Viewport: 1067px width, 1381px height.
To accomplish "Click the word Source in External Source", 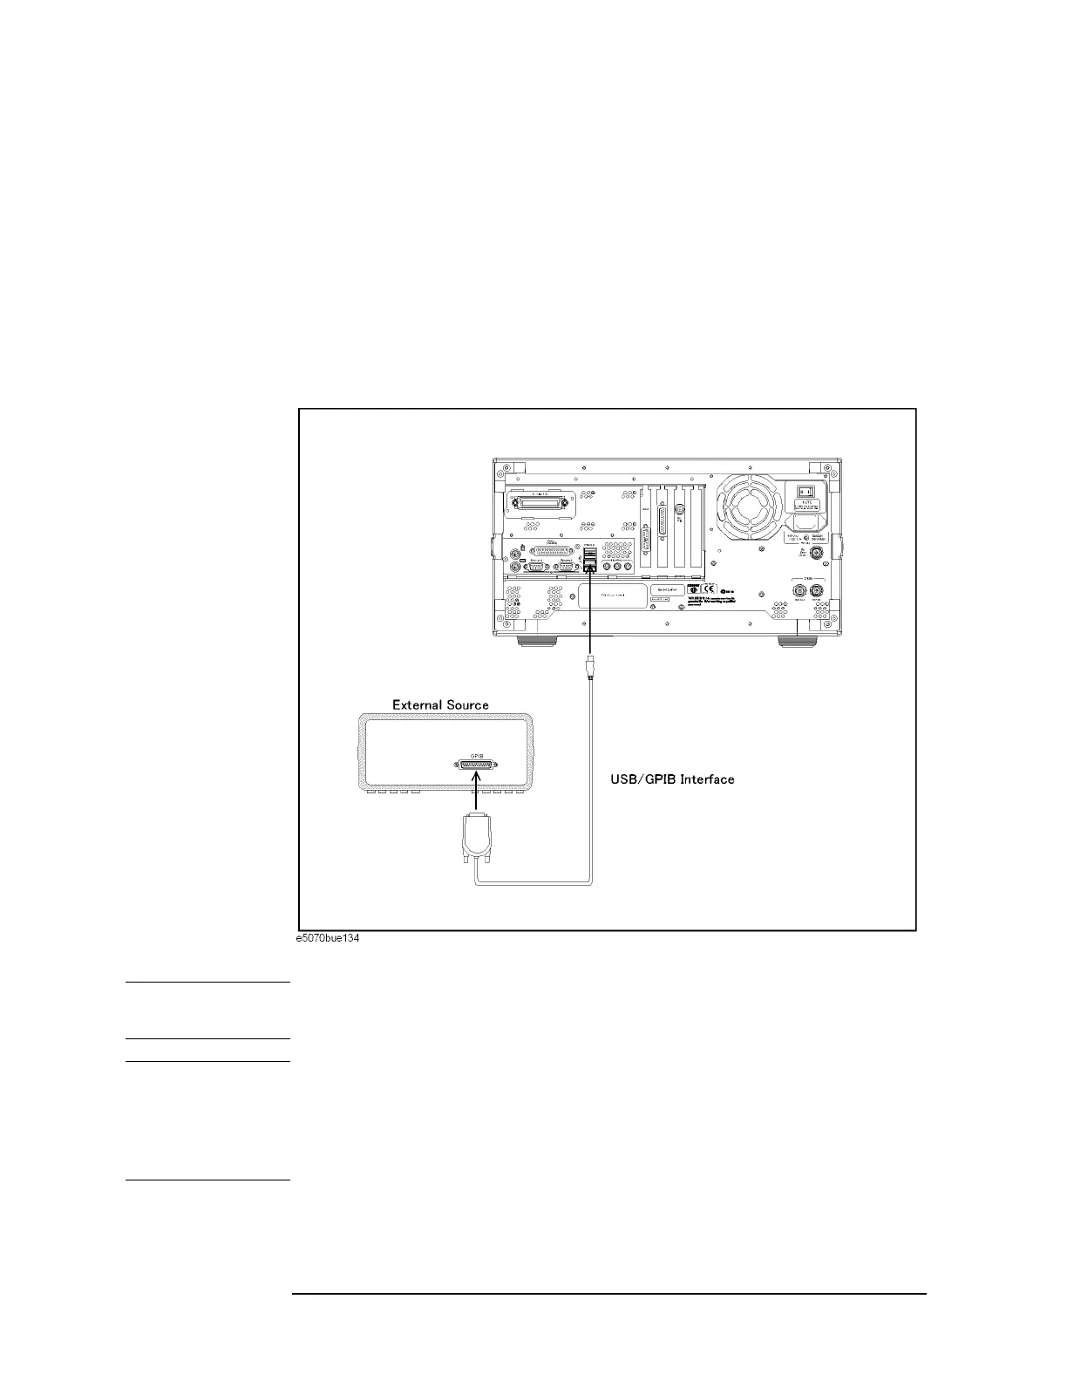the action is (x=466, y=704).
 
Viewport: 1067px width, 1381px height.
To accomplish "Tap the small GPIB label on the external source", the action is (x=476, y=754).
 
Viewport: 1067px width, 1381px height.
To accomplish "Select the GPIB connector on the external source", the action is (x=476, y=765).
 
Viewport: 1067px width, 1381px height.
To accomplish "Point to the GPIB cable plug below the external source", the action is (x=476, y=836).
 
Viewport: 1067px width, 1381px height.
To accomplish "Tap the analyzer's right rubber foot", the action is (x=796, y=643).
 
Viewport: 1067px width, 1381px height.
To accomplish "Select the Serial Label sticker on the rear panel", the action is (x=665, y=590).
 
